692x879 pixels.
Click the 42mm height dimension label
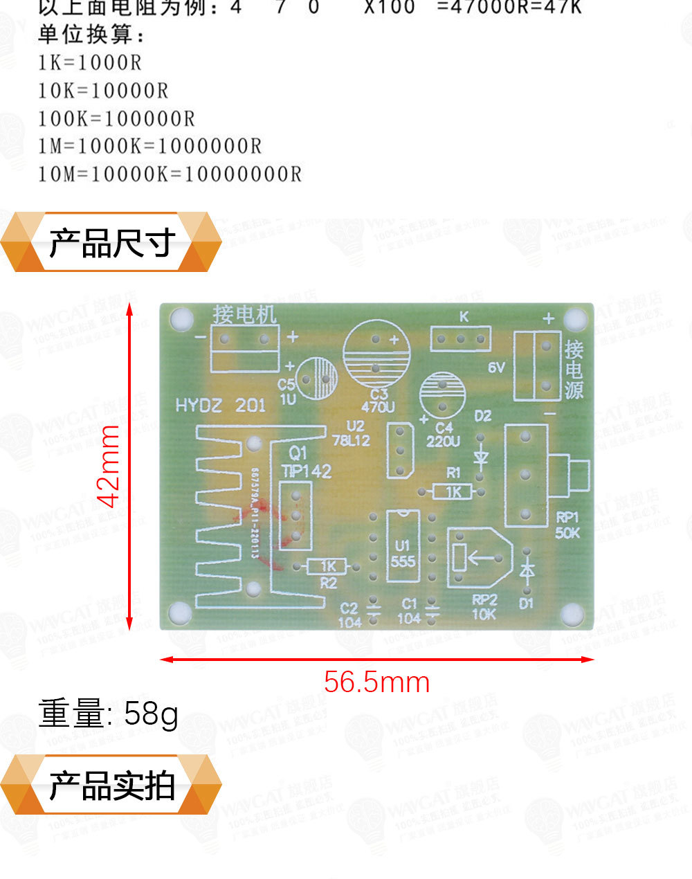pyautogui.click(x=109, y=467)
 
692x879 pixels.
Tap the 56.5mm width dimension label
pyautogui.click(x=377, y=682)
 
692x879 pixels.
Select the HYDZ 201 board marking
pyautogui.click(x=221, y=406)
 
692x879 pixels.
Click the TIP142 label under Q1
pyautogui.click(x=306, y=471)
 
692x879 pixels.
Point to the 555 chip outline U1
pyautogui.click(x=402, y=547)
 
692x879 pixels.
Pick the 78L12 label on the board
pyautogui.click(x=351, y=440)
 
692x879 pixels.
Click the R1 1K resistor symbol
pyautogui.click(x=453, y=491)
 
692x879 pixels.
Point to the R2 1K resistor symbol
pyautogui.click(x=327, y=567)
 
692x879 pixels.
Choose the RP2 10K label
pyautogui.click(x=484, y=607)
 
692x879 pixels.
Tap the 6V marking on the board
pyautogui.click(x=497, y=368)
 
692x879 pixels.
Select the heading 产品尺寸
pyautogui.click(x=111, y=243)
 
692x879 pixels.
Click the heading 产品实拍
pyautogui.click(x=111, y=786)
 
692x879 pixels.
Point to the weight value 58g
pyautogui.click(x=152, y=714)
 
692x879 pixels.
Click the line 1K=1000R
pyautogui.click(x=90, y=63)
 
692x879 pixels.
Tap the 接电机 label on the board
pyautogui.click(x=244, y=315)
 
